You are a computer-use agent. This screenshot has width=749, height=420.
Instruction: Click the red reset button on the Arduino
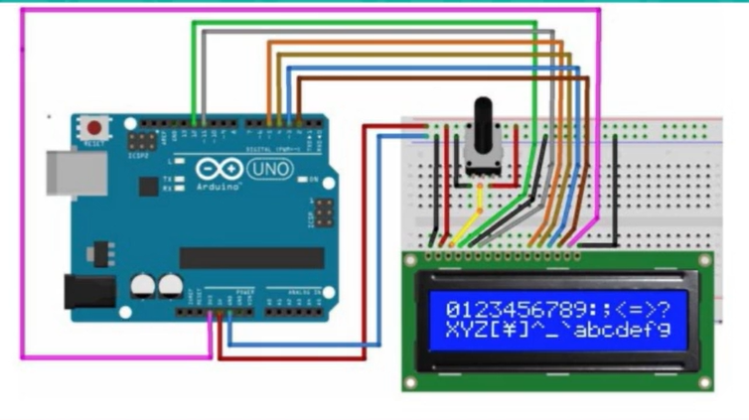(94, 128)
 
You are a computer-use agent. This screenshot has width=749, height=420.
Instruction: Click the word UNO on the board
(269, 170)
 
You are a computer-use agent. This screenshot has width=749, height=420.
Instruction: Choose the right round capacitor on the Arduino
(168, 286)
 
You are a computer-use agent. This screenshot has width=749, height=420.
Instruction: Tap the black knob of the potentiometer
(483, 117)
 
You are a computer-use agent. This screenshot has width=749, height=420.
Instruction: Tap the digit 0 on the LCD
(453, 308)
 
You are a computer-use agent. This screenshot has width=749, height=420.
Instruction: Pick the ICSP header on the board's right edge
(322, 211)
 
